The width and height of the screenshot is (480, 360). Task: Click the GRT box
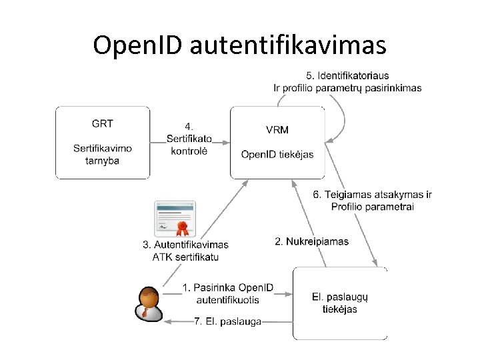coord(102,142)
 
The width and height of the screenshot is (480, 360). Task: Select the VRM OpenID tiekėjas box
coord(277,142)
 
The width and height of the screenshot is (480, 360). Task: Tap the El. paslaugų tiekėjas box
coord(340,303)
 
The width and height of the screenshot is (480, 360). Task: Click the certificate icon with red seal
coord(175,218)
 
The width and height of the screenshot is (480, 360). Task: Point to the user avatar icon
coord(148,302)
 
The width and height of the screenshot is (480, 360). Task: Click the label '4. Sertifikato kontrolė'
coord(189,139)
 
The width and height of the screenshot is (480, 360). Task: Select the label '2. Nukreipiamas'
coord(311,241)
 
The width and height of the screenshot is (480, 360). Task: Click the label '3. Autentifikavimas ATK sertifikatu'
coord(185,251)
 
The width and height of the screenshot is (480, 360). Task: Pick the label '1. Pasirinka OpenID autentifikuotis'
coord(228,293)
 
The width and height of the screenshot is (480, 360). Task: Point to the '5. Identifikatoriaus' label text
coord(347,75)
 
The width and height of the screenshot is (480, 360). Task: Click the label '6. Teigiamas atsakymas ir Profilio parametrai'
coord(372,201)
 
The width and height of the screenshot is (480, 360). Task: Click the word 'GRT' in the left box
coord(102,123)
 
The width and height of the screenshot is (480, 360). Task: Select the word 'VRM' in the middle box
coord(277,129)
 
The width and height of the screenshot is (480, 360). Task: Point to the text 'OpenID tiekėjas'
coord(277,155)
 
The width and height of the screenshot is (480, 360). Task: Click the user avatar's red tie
coord(145,311)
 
